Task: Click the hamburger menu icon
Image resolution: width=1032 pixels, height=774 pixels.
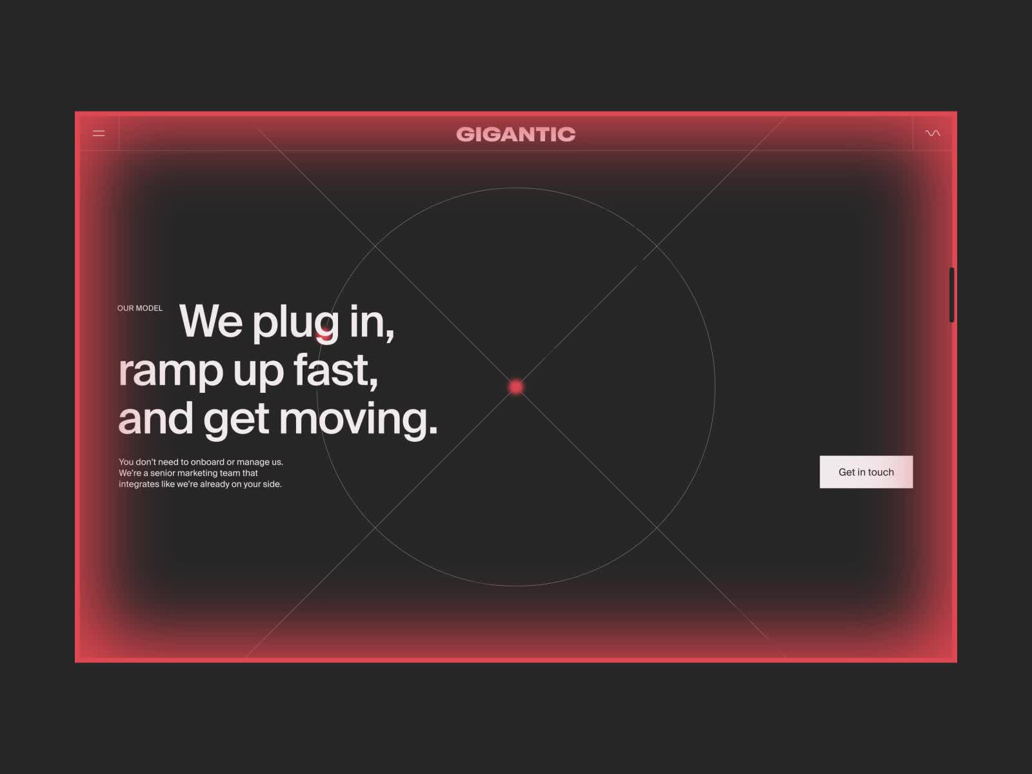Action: click(x=99, y=134)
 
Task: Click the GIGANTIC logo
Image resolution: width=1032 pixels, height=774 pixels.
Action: click(x=516, y=134)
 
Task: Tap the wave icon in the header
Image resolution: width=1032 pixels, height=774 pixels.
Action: click(x=933, y=134)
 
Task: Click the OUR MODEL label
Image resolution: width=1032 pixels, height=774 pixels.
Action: click(x=140, y=308)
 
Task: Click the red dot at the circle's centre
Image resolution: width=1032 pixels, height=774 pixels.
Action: click(x=516, y=387)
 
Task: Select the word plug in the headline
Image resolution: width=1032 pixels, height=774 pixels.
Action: click(x=295, y=323)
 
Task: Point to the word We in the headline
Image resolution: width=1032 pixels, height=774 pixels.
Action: click(x=211, y=321)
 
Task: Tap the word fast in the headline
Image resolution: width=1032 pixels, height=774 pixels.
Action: click(x=335, y=370)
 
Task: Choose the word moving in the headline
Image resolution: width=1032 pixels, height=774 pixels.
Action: click(x=358, y=421)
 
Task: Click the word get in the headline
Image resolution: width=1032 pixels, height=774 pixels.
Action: click(x=236, y=421)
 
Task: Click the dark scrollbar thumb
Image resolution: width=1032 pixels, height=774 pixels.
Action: click(x=951, y=295)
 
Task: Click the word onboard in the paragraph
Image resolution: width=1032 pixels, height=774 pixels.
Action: click(x=207, y=462)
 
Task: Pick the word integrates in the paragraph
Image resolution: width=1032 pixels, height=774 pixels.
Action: click(x=139, y=484)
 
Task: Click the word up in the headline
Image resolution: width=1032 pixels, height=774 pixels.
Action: click(x=258, y=373)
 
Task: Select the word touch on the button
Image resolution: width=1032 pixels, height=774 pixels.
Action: click(x=880, y=472)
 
